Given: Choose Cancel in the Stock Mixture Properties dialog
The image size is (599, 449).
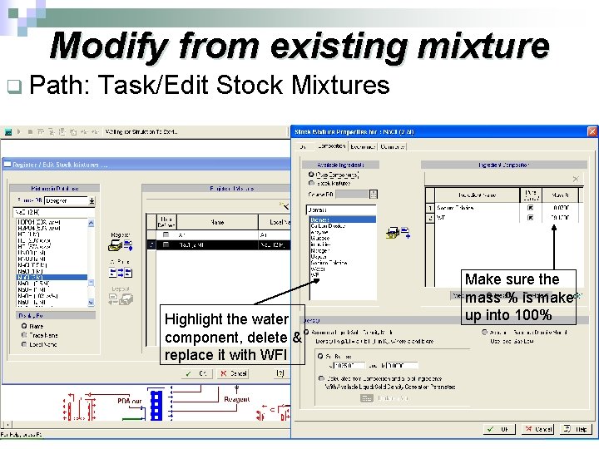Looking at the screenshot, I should coord(540,429).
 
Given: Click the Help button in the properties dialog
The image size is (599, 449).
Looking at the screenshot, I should coord(580,429).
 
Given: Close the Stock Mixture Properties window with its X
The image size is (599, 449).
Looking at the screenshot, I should coord(592,131).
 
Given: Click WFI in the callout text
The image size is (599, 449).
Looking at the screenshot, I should coord(275,356).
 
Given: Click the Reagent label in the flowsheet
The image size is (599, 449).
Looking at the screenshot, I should coord(236,399).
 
